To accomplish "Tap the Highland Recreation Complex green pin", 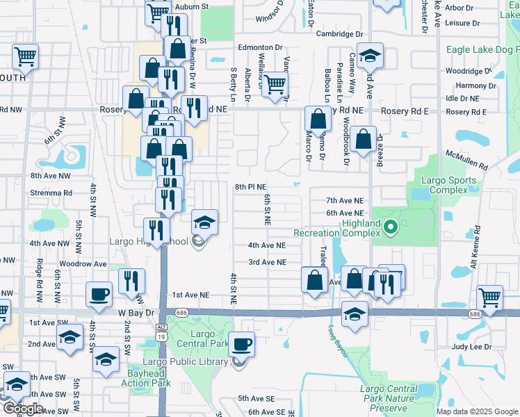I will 391,226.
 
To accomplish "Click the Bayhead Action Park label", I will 145,378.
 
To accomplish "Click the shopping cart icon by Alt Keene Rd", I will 490,297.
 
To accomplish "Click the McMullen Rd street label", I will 467,161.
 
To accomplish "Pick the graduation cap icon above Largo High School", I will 204,222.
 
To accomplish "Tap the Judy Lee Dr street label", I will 471,346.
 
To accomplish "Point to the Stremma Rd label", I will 51,193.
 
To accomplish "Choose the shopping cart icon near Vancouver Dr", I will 276,85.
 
